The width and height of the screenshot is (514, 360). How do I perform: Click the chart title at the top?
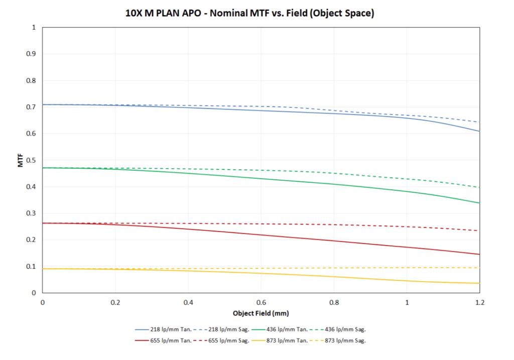249,14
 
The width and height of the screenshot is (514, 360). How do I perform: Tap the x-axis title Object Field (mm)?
261,313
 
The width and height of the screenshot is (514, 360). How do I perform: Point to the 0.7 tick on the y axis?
34,107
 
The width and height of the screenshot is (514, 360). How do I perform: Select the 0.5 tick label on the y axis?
34,160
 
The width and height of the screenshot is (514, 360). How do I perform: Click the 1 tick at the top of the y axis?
34,27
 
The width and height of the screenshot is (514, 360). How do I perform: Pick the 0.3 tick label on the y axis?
34,213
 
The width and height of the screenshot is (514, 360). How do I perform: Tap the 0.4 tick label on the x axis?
188,303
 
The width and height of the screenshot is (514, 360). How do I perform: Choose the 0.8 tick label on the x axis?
334,303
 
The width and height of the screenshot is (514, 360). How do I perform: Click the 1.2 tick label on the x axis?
480,303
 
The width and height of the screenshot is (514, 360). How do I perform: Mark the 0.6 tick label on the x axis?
261,303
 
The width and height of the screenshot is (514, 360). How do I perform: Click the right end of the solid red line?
479,254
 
